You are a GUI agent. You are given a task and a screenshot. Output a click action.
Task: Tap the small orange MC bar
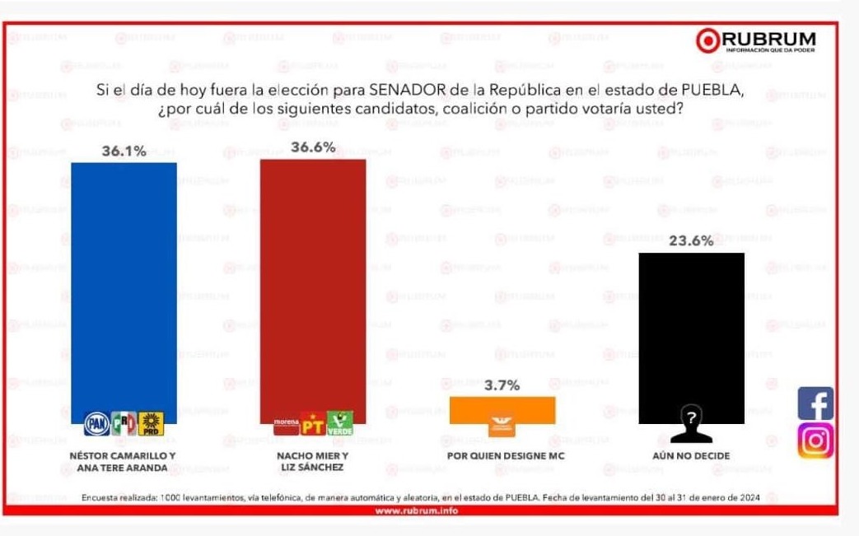pos(502,409)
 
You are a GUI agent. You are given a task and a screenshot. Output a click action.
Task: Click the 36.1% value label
pos(124,151)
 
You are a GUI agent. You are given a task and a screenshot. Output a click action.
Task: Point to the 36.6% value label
pos(313,147)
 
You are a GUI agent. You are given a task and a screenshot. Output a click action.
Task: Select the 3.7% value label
pos(502,385)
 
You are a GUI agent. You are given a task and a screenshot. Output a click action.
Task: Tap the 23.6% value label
pos(690,240)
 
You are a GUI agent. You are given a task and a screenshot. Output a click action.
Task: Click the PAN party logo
pos(97,423)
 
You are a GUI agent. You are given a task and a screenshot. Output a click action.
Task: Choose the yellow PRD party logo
pos(151,423)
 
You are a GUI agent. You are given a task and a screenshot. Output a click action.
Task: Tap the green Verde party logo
pos(339,423)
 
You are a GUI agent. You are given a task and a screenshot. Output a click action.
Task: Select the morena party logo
pos(287,425)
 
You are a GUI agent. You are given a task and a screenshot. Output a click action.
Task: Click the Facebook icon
pos(815,403)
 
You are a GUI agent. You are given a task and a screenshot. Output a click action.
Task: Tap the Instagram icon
pos(815,440)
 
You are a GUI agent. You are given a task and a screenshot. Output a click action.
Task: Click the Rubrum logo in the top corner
pos(755,40)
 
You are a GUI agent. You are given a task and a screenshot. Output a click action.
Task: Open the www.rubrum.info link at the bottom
pos(416,510)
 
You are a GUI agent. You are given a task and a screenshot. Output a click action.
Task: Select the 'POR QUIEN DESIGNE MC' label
pos(505,455)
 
